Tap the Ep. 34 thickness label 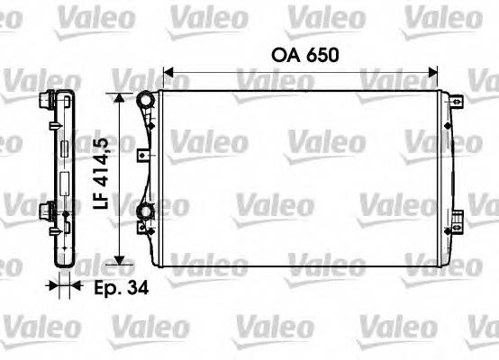pyautogui.click(x=120, y=288)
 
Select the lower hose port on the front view pyautogui.click(x=143, y=212)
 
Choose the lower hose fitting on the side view pyautogui.click(x=44, y=212)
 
